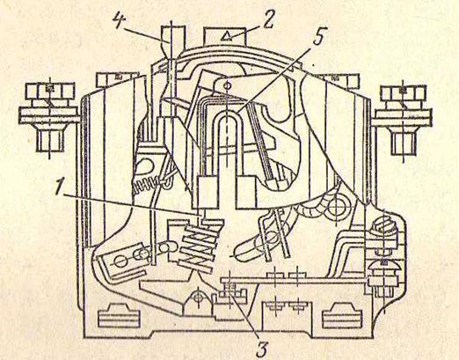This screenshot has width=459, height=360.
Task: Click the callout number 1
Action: [61, 188]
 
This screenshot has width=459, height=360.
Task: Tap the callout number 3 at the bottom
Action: [261, 347]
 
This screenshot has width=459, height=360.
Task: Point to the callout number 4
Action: [120, 20]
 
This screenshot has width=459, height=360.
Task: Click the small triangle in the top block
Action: [226, 37]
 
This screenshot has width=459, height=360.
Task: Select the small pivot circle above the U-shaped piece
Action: [227, 85]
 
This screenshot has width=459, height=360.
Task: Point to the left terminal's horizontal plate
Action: [49, 115]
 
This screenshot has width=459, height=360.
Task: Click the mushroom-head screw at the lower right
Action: [383, 267]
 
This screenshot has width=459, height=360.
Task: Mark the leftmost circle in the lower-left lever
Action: [120, 261]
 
